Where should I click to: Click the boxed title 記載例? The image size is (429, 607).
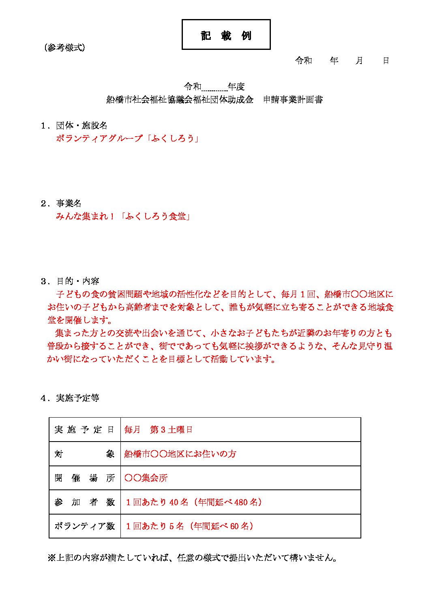tap(226, 35)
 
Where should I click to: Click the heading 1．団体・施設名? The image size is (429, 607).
tap(74, 126)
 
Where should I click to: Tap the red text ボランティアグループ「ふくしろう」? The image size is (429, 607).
tap(127, 139)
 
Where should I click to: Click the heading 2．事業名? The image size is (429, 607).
tap(61, 204)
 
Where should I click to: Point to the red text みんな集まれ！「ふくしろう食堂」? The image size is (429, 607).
tap(123, 217)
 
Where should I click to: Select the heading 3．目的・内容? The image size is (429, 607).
tap(70, 281)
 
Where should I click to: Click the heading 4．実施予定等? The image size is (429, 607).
tap(70, 398)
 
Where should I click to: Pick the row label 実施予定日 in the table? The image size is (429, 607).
tap(84, 430)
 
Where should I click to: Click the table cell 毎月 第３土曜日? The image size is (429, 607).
tap(158, 430)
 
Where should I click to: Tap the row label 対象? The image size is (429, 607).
tap(84, 454)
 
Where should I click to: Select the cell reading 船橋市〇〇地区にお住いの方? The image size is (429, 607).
tap(180, 454)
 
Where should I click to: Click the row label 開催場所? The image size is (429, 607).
tap(84, 478)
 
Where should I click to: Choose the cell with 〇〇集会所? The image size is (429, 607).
tap(146, 478)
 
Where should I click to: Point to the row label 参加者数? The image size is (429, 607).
tap(84, 502)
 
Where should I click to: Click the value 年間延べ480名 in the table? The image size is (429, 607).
tap(229, 502)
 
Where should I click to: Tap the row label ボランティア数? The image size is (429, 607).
tap(84, 526)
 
